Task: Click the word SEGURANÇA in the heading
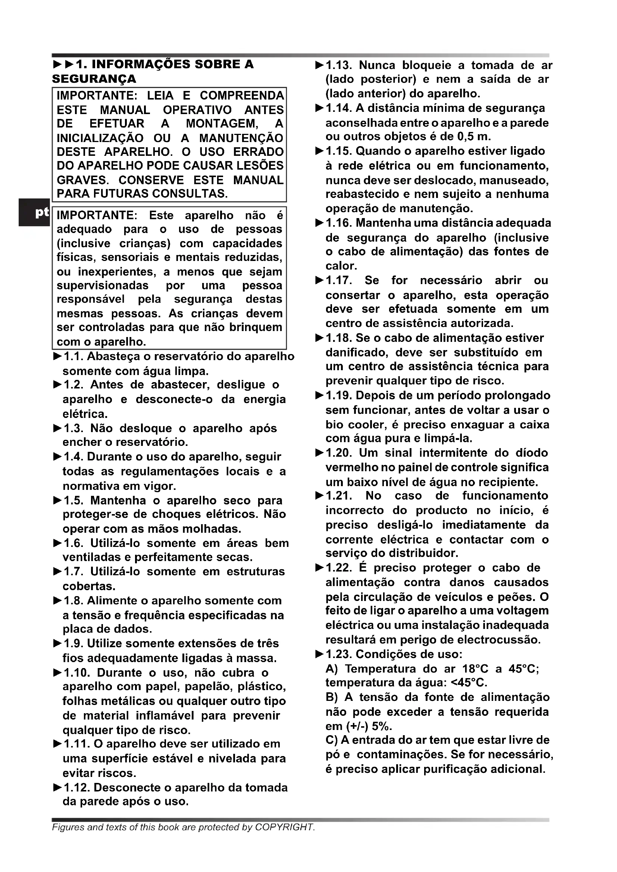94,79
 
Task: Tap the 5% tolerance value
381,726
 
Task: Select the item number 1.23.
339,654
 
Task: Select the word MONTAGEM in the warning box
222,124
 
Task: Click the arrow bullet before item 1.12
57,788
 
